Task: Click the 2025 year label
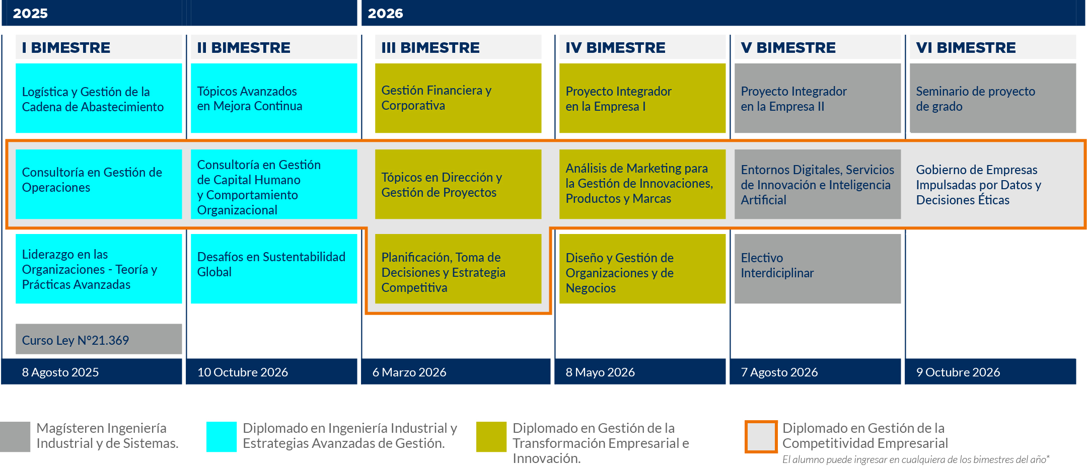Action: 30,14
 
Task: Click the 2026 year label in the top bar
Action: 385,14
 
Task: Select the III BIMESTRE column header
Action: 430,47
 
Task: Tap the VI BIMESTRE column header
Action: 966,47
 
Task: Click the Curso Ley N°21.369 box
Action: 99,339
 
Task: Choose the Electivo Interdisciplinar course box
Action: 818,269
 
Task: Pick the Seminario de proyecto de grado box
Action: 993,98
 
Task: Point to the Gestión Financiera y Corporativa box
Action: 458,98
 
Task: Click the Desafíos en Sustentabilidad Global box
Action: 274,269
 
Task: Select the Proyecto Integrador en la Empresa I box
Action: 642,98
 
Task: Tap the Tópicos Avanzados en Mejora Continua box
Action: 274,98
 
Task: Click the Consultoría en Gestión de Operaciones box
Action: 99,184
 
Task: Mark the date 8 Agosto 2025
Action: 60,372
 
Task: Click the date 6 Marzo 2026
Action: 409,372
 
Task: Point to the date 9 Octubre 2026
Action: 958,372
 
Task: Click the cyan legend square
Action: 222,437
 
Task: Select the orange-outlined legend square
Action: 761,437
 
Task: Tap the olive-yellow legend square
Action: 491,437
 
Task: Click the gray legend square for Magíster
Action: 15,437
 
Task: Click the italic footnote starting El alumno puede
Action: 916,459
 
